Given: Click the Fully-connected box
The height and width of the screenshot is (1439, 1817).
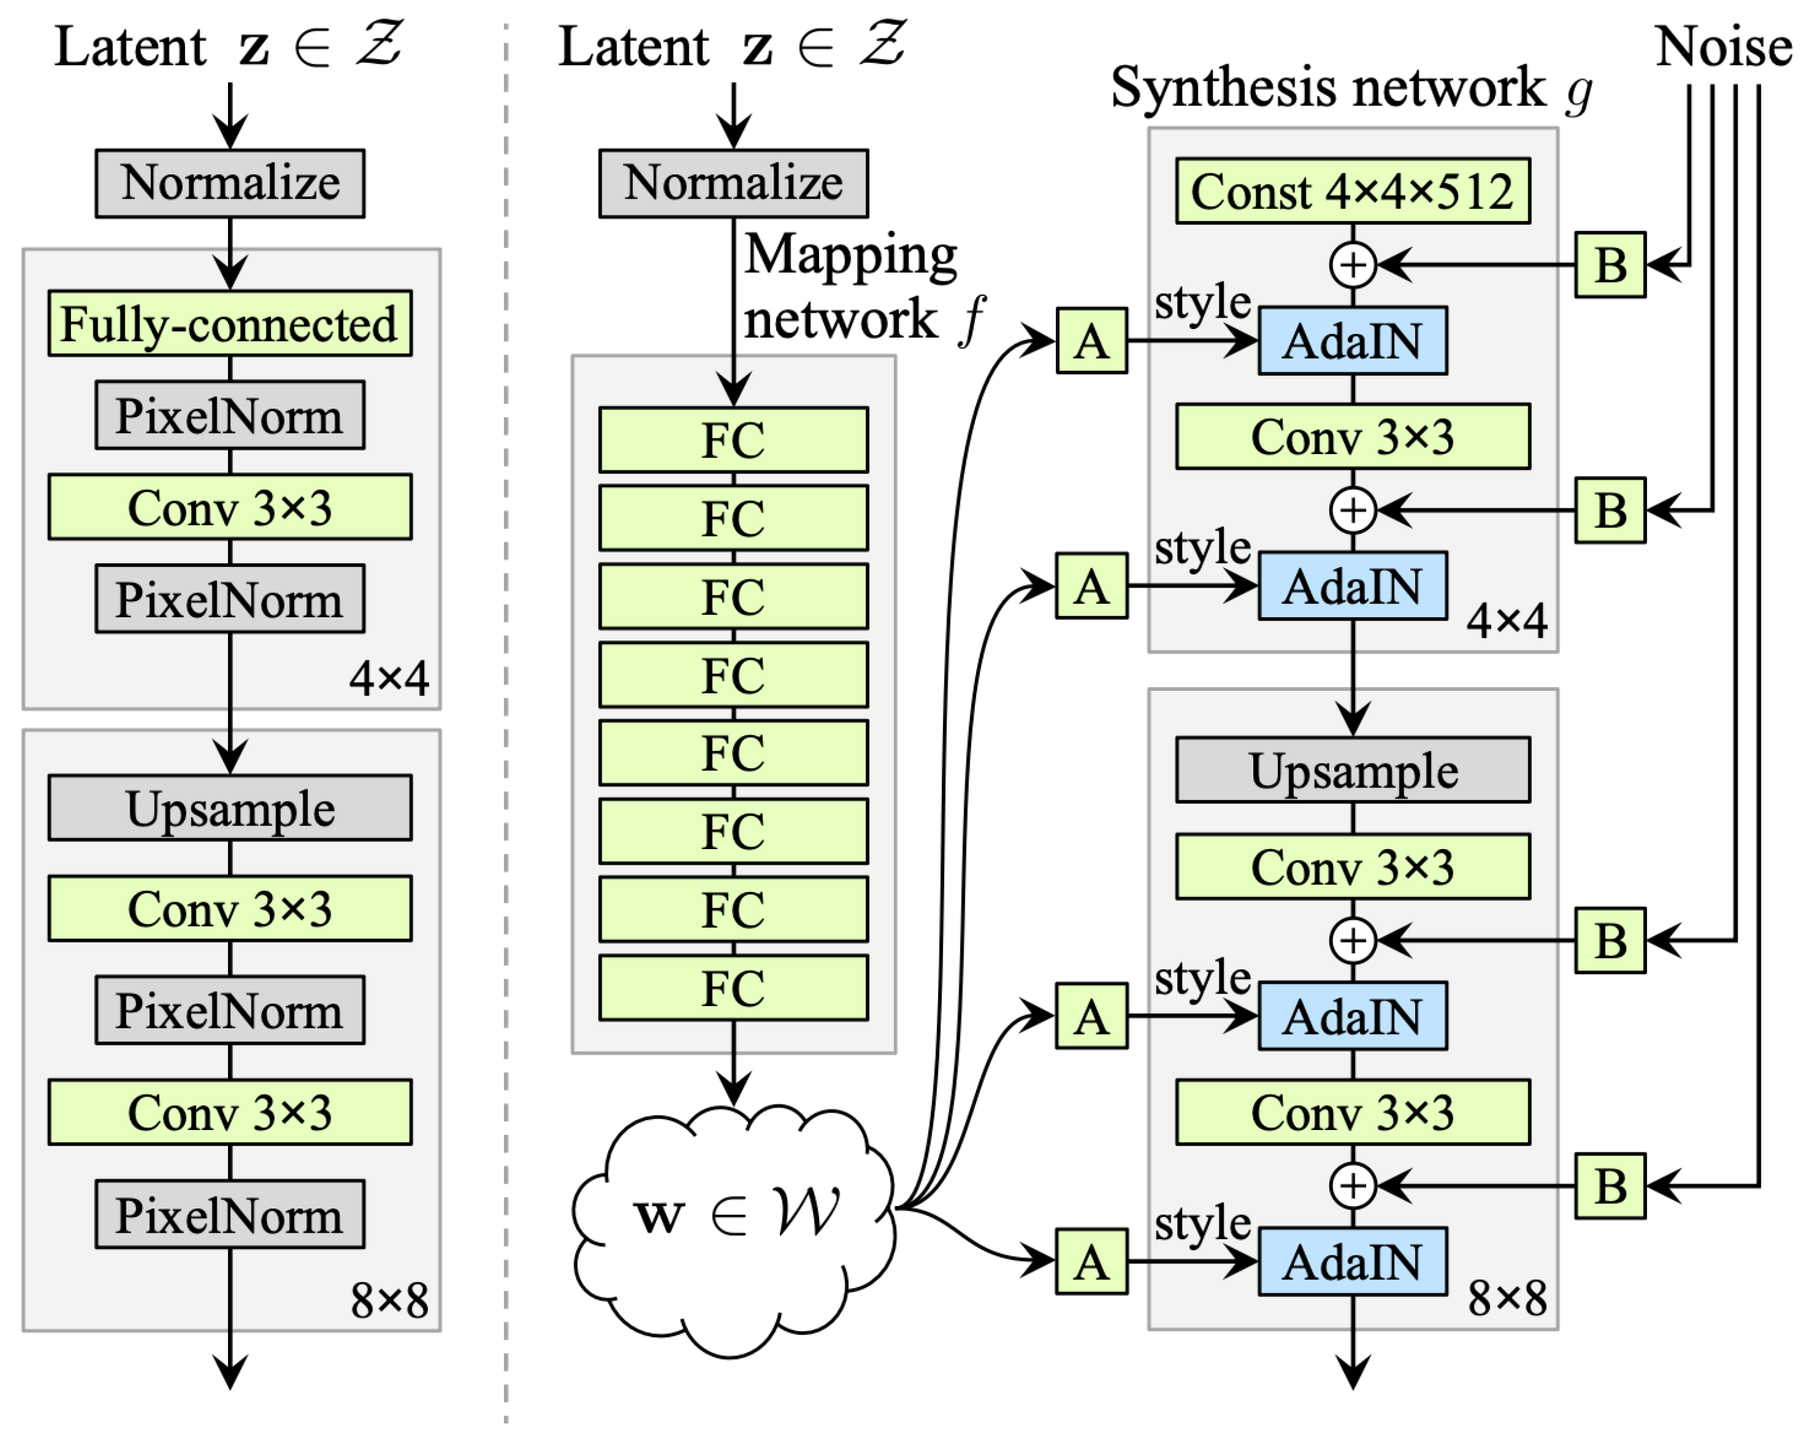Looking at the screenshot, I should [229, 323].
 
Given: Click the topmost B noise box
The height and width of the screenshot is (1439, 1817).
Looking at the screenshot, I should [1609, 265].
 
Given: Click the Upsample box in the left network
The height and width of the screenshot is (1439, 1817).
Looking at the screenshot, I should [229, 808].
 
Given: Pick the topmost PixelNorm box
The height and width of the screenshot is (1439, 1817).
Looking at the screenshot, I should [229, 416].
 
